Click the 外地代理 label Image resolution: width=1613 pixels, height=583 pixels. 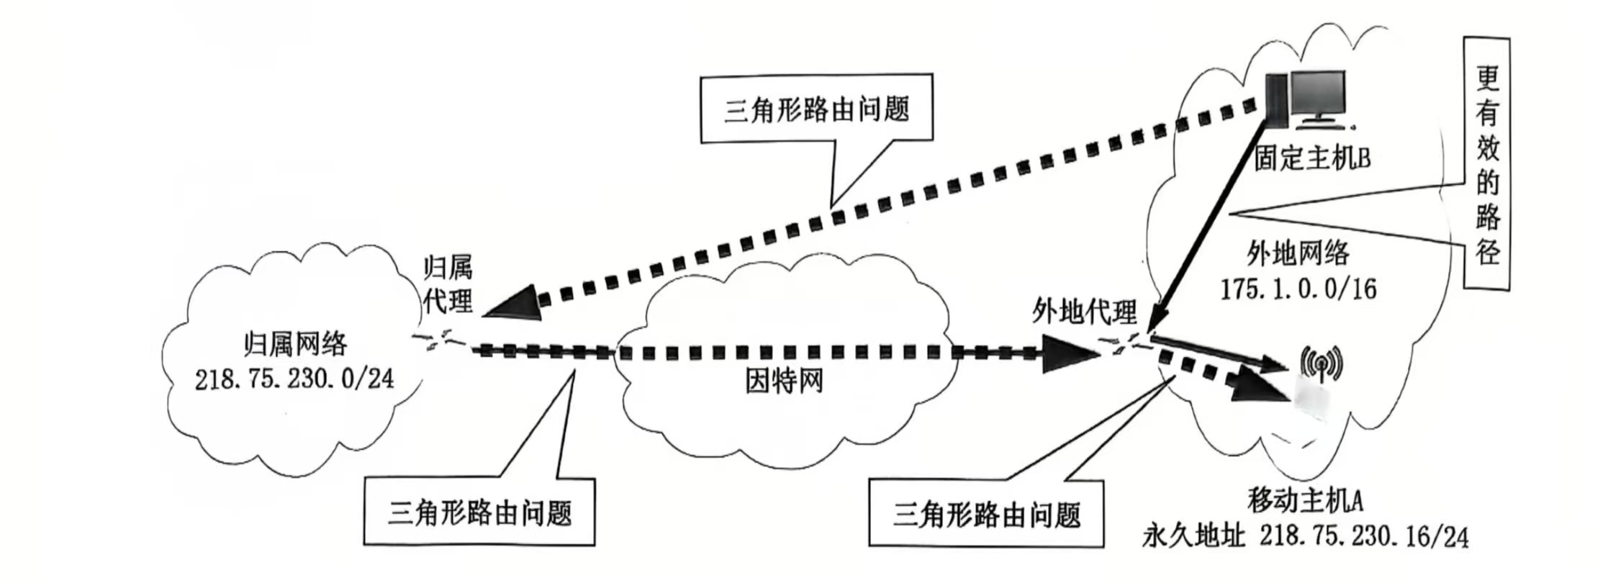1084,311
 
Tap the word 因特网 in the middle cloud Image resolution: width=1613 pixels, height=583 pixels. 784,381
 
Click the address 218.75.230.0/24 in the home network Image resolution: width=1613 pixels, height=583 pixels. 294,379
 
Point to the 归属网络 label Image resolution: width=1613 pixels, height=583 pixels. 295,344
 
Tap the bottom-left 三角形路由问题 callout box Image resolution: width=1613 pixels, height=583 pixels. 479,512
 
